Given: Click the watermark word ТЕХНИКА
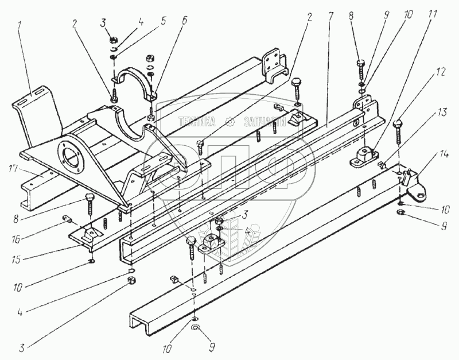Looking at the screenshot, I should tap(197, 121).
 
